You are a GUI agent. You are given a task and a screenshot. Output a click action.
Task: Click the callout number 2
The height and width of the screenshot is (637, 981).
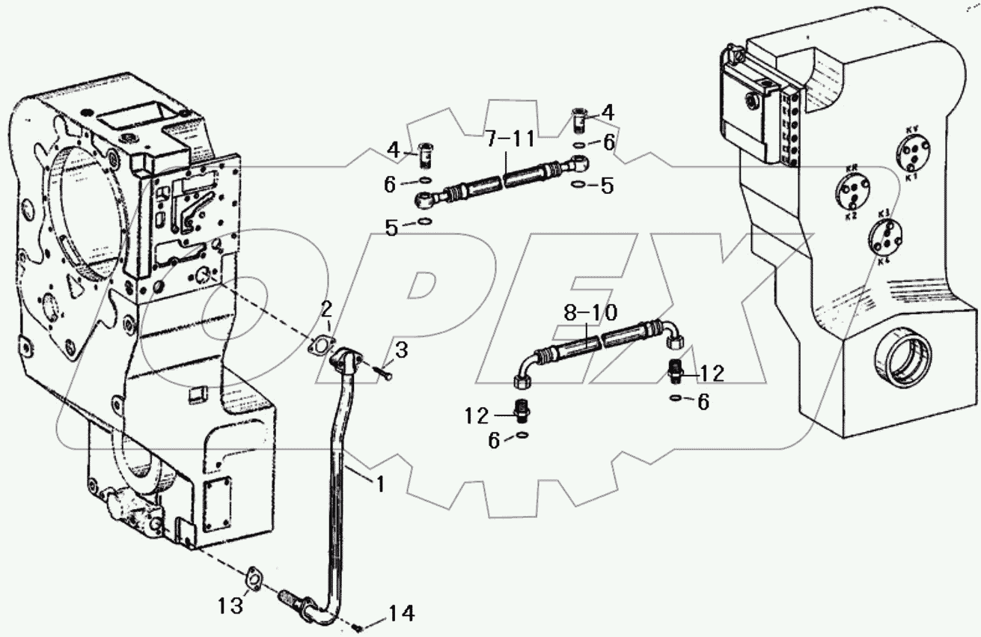(x=326, y=308)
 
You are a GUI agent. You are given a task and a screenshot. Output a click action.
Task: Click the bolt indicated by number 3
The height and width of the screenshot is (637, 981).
(x=384, y=372)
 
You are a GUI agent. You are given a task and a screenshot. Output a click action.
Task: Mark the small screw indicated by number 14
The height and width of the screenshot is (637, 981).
(x=361, y=627)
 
